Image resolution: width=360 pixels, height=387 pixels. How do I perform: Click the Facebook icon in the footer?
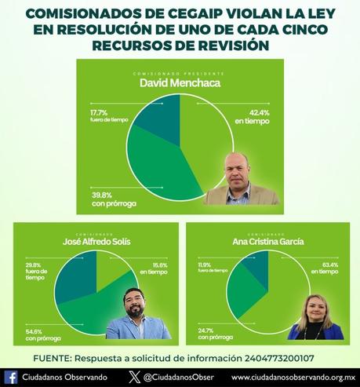click(x=11, y=377)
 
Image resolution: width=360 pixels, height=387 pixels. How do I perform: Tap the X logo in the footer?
click(x=133, y=377)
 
